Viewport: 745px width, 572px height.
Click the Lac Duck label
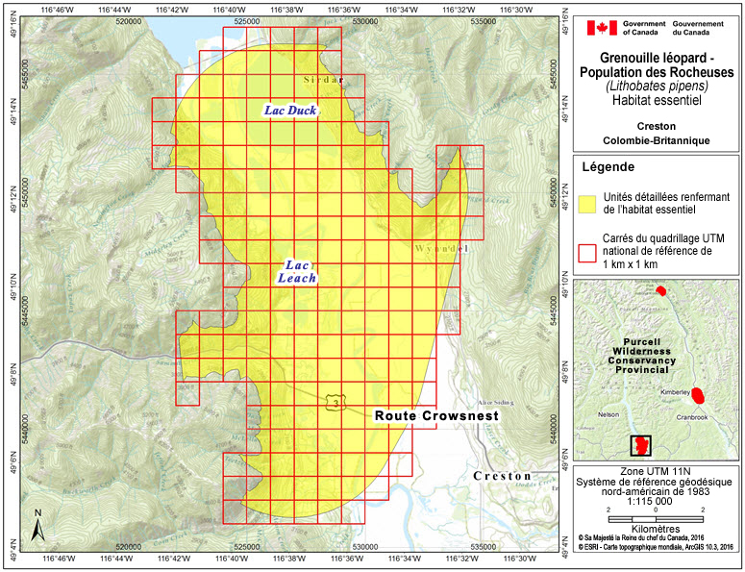290,111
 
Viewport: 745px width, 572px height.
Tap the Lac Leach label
296,270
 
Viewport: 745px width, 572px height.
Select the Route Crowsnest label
436,416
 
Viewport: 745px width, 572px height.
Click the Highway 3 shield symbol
334,399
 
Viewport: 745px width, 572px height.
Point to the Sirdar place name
321,79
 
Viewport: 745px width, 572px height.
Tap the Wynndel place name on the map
442,248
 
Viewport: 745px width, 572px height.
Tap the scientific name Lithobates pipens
658,85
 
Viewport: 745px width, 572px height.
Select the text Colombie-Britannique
658,140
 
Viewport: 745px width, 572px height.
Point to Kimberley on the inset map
678,392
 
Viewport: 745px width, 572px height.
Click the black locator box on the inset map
639,446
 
